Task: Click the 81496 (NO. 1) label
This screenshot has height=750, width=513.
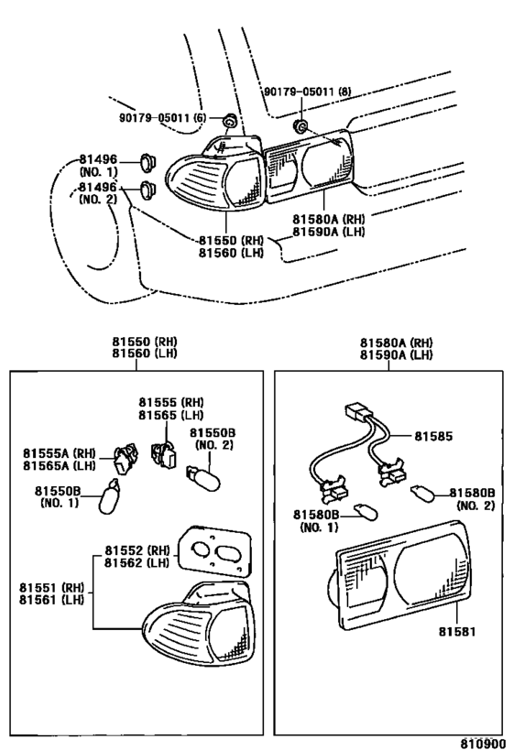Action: (100, 166)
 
